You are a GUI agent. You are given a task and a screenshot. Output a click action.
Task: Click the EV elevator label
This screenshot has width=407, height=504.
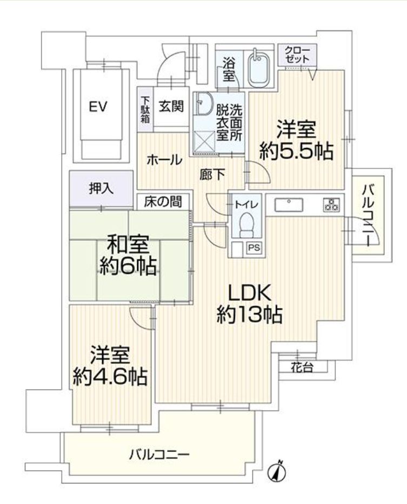click(x=98, y=107)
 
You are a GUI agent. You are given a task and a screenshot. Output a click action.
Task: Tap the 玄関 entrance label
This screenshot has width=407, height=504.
click(x=171, y=106)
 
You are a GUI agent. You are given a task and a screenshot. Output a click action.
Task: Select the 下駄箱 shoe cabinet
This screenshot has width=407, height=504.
click(x=145, y=110)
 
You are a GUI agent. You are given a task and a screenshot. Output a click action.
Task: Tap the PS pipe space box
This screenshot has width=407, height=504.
click(x=254, y=248)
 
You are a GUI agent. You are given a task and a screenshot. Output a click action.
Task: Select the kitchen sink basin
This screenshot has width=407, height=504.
click(x=289, y=205)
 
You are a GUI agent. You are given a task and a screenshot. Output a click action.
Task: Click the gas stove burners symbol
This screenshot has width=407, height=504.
click(x=330, y=205)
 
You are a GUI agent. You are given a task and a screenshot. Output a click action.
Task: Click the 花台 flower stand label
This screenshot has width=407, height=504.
click(x=302, y=367)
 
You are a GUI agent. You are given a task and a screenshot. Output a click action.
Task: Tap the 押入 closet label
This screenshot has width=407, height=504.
click(x=102, y=189)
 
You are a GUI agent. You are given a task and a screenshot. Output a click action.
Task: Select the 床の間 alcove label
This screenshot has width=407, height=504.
click(x=163, y=201)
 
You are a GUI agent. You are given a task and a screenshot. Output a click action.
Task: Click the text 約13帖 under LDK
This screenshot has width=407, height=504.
click(x=249, y=315)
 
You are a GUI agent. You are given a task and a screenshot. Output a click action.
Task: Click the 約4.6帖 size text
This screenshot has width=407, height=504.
click(x=110, y=377)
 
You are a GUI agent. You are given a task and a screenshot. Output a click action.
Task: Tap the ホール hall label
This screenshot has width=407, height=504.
click(x=164, y=160)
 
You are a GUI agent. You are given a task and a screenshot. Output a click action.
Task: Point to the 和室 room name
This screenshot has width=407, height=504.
click(x=128, y=245)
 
